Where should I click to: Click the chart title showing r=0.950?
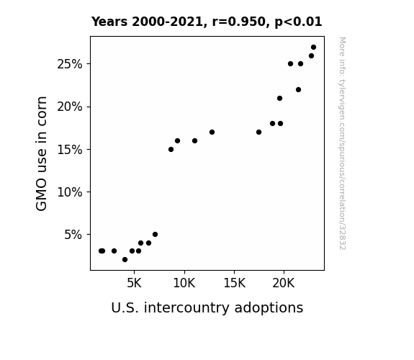[207, 22]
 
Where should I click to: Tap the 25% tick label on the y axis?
[69, 64]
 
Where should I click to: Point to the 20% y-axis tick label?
[69, 107]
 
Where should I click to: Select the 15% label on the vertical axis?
[69, 150]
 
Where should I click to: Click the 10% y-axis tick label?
[69, 192]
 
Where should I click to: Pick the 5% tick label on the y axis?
[73, 235]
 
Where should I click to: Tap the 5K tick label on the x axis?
[134, 283]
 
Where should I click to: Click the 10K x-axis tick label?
[184, 283]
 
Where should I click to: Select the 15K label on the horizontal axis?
[234, 283]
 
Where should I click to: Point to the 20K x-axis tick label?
[284, 283]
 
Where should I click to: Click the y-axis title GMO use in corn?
[41, 153]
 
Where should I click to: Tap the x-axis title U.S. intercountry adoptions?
[207, 308]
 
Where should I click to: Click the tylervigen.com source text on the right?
[342, 143]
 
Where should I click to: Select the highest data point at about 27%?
[313, 48]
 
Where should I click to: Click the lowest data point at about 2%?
[125, 260]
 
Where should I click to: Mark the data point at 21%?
[279, 98]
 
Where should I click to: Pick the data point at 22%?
[298, 90]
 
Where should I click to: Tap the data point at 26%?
[311, 55]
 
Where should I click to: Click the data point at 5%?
[155, 234]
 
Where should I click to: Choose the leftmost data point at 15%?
[171, 150]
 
